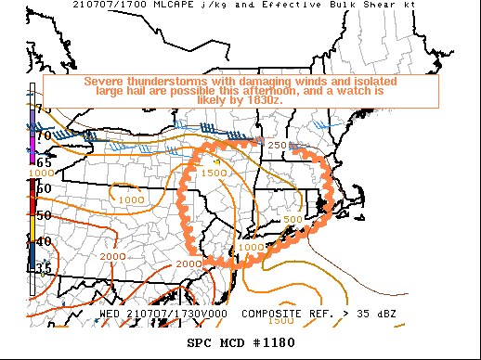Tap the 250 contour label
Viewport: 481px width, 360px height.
coord(278,145)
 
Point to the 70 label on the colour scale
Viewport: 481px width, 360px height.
coord(43,136)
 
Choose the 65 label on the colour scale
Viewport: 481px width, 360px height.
coord(43,161)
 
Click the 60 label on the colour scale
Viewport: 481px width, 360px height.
coord(43,188)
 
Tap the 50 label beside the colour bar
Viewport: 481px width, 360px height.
coord(43,215)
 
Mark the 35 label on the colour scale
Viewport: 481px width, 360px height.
coord(43,268)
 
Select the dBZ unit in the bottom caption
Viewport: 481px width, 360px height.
coord(384,314)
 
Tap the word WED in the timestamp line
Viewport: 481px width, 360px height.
coord(110,314)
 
